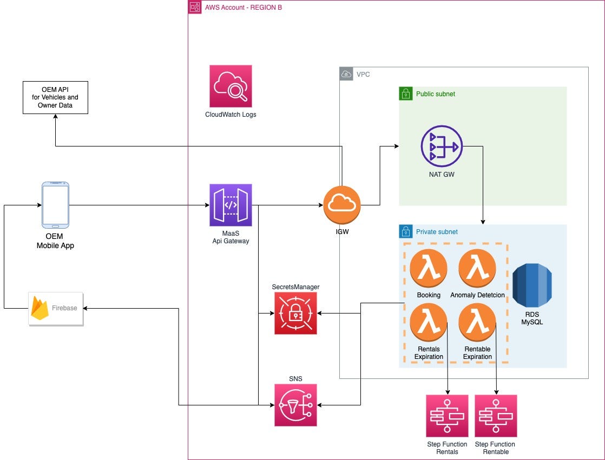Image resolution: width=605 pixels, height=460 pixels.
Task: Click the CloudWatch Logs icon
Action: [231, 86]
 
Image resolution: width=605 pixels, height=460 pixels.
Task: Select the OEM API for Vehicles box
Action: [55, 97]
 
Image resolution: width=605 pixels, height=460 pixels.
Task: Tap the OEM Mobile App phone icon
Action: [56, 205]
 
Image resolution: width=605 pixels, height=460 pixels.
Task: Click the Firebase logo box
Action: [56, 308]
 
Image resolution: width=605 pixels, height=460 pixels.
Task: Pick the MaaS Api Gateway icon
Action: [231, 205]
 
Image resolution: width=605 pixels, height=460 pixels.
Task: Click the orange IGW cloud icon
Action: [342, 205]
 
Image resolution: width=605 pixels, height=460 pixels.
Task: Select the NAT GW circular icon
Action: [441, 146]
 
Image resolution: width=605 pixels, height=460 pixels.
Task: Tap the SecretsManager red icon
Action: [295, 313]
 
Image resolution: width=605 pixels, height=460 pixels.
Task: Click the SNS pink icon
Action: [295, 405]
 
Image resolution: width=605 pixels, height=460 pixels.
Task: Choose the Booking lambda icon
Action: [429, 268]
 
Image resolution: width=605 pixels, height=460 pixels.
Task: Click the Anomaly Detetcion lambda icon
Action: [477, 268]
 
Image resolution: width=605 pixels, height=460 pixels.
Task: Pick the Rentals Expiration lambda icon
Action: [429, 322]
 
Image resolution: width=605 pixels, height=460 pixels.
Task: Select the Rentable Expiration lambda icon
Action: [477, 322]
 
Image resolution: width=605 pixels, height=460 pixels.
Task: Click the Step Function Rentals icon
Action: [447, 416]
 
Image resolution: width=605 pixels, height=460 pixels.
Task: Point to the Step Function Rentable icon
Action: [496, 416]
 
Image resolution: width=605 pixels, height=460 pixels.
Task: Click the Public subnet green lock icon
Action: [406, 94]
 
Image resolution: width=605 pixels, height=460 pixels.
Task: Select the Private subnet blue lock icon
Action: [406, 231]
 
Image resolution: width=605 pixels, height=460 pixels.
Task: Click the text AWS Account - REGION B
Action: [243, 7]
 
